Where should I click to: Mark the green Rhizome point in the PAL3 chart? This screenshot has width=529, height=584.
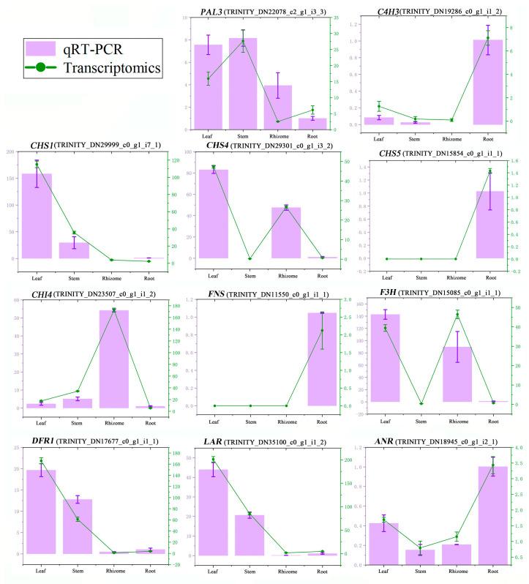[278, 121]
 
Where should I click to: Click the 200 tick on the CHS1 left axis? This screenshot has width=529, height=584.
[10, 152]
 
